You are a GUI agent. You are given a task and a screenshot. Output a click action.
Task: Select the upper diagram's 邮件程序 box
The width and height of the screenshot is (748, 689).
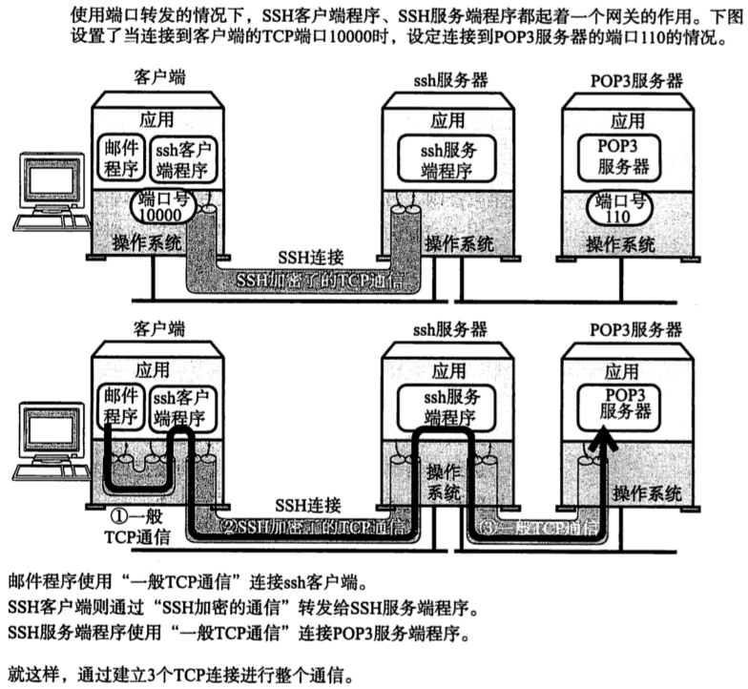coord(119,157)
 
